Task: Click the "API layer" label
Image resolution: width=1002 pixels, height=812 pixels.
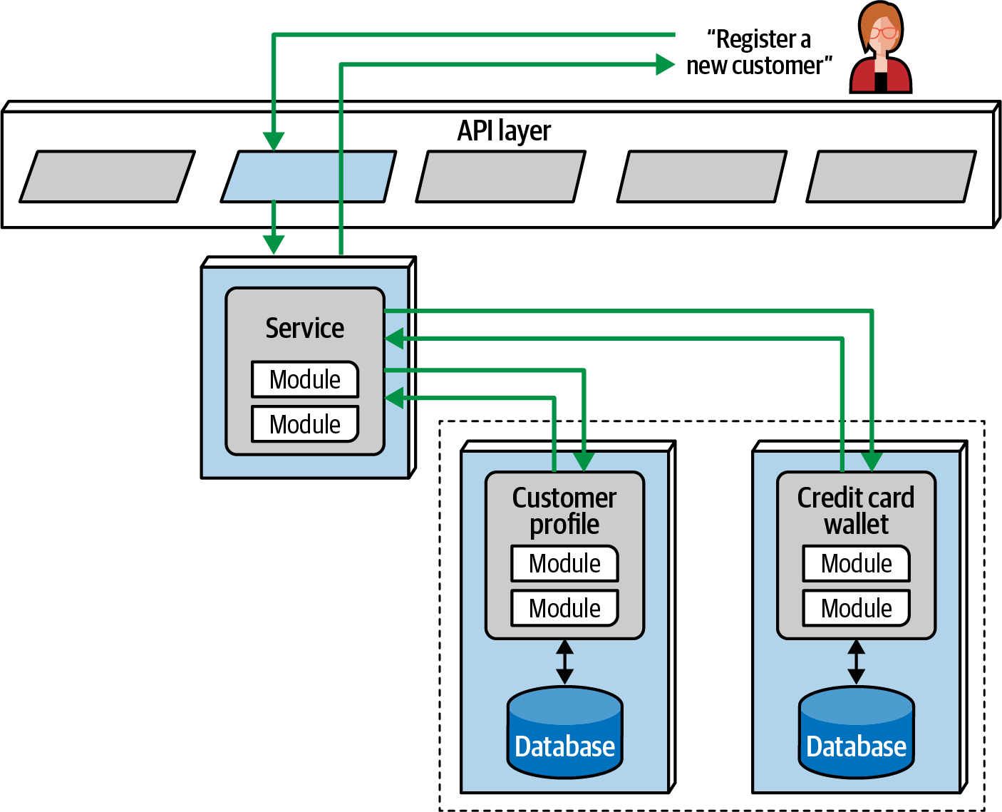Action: point(504,130)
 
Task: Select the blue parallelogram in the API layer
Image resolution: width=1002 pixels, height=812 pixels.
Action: point(309,176)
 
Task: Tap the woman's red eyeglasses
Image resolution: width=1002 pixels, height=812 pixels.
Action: point(883,33)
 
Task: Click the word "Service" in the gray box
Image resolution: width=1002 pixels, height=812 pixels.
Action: point(305,328)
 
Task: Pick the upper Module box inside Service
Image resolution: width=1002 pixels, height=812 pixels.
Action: point(305,379)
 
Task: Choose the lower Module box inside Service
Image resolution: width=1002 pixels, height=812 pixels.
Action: point(305,424)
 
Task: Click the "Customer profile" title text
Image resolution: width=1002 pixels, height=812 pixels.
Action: point(564,511)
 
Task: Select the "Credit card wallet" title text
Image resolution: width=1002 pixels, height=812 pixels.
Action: point(856,511)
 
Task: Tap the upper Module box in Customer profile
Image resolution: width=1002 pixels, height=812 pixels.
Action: point(564,564)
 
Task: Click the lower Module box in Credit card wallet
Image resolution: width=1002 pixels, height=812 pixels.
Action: point(856,608)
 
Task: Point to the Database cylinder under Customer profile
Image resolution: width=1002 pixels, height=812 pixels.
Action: point(564,732)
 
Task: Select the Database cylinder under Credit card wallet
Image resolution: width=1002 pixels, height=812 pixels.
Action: point(856,732)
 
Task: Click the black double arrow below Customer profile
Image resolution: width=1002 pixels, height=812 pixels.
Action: point(564,662)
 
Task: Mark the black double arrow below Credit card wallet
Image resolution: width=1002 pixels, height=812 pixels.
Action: point(856,662)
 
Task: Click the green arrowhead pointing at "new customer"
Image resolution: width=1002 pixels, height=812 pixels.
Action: point(666,64)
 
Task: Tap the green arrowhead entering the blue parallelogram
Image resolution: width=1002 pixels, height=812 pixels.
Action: point(274,141)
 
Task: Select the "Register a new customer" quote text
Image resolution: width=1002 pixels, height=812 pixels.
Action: point(759,52)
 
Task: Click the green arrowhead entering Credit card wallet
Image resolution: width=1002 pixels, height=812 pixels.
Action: point(872,462)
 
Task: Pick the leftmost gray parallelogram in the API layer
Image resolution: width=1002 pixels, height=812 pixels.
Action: point(108,176)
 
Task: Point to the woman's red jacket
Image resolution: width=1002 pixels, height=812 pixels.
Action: point(881,76)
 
